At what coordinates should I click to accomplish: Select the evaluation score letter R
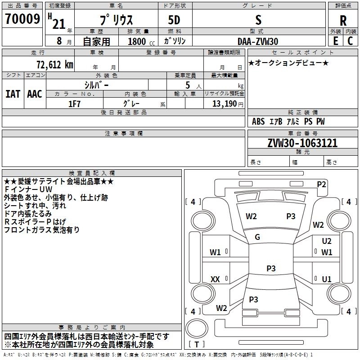343,21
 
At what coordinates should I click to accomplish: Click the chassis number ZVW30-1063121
302,144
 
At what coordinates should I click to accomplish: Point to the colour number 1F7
74,103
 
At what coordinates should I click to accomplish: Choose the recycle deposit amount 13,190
225,103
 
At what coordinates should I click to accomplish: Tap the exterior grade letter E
335,41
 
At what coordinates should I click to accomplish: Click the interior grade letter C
350,41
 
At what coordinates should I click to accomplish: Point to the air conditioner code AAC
35,94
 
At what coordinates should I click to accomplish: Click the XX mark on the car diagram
215,279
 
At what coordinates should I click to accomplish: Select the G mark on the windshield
257,237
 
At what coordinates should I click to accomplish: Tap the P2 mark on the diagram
321,184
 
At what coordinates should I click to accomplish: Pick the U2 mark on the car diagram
327,241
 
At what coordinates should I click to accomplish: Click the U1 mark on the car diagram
327,279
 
